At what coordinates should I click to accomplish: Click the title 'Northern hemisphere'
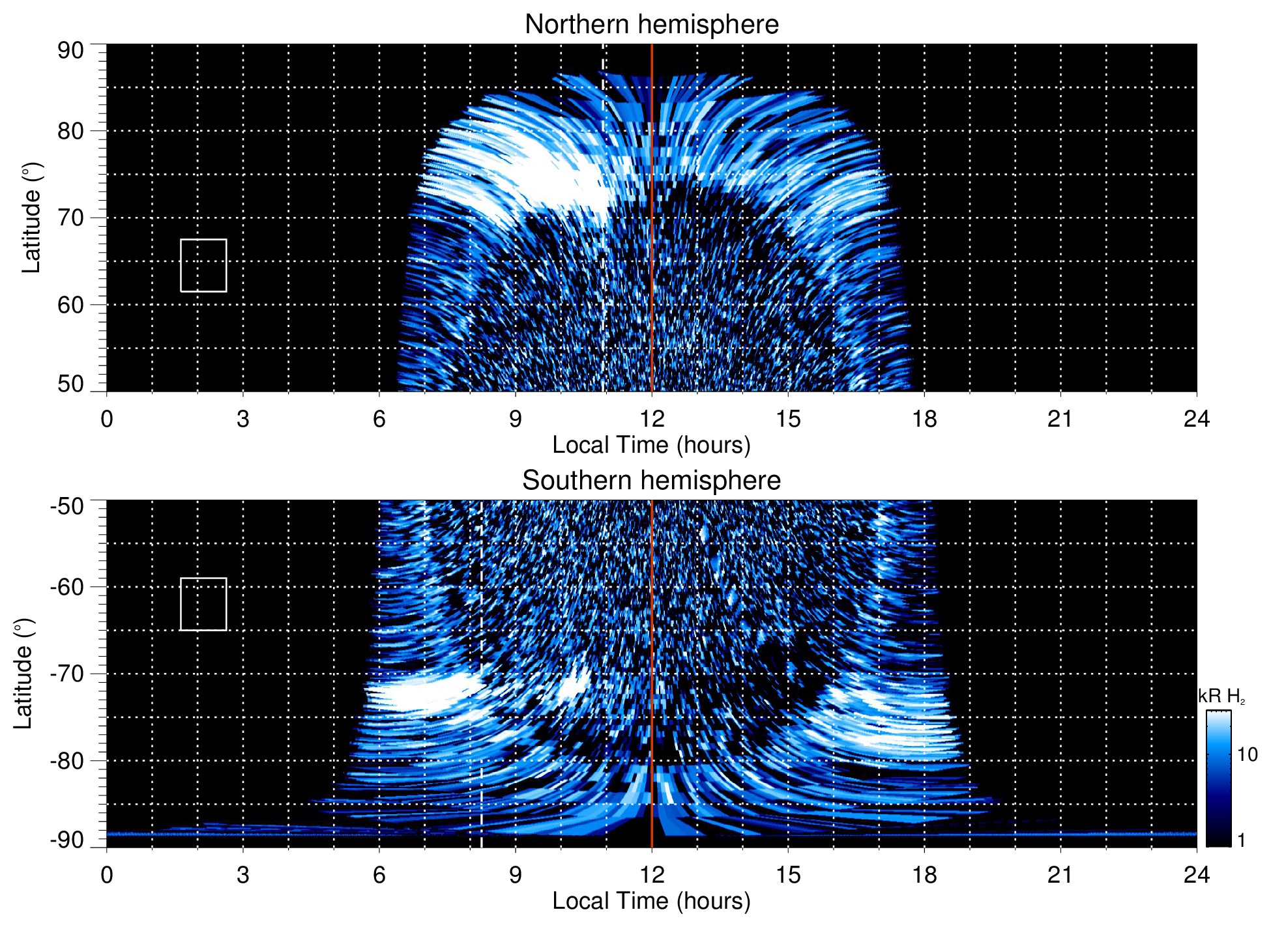tap(651, 25)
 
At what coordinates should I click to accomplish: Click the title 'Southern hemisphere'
tap(651, 481)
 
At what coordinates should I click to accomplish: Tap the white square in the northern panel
tap(203, 265)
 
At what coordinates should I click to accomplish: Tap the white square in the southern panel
tap(203, 604)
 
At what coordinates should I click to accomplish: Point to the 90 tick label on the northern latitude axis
tap(70, 51)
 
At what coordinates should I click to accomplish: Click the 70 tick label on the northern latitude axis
tap(70, 218)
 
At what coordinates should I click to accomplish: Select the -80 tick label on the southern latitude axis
tap(67, 760)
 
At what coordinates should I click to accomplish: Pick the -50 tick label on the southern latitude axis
tap(67, 506)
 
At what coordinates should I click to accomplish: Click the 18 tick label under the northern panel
tap(924, 419)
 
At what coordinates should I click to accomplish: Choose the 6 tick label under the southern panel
tap(379, 875)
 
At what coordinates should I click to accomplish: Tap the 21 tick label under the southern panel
tap(1060, 875)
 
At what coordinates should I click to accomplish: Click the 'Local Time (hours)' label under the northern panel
tap(651, 445)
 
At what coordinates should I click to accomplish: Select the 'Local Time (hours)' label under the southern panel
tap(651, 901)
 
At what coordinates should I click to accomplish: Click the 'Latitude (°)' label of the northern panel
tap(31, 218)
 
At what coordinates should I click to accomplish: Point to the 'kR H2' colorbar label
tap(1221, 696)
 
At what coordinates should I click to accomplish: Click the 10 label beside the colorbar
tap(1247, 754)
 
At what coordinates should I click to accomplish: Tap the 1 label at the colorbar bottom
tap(1241, 840)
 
